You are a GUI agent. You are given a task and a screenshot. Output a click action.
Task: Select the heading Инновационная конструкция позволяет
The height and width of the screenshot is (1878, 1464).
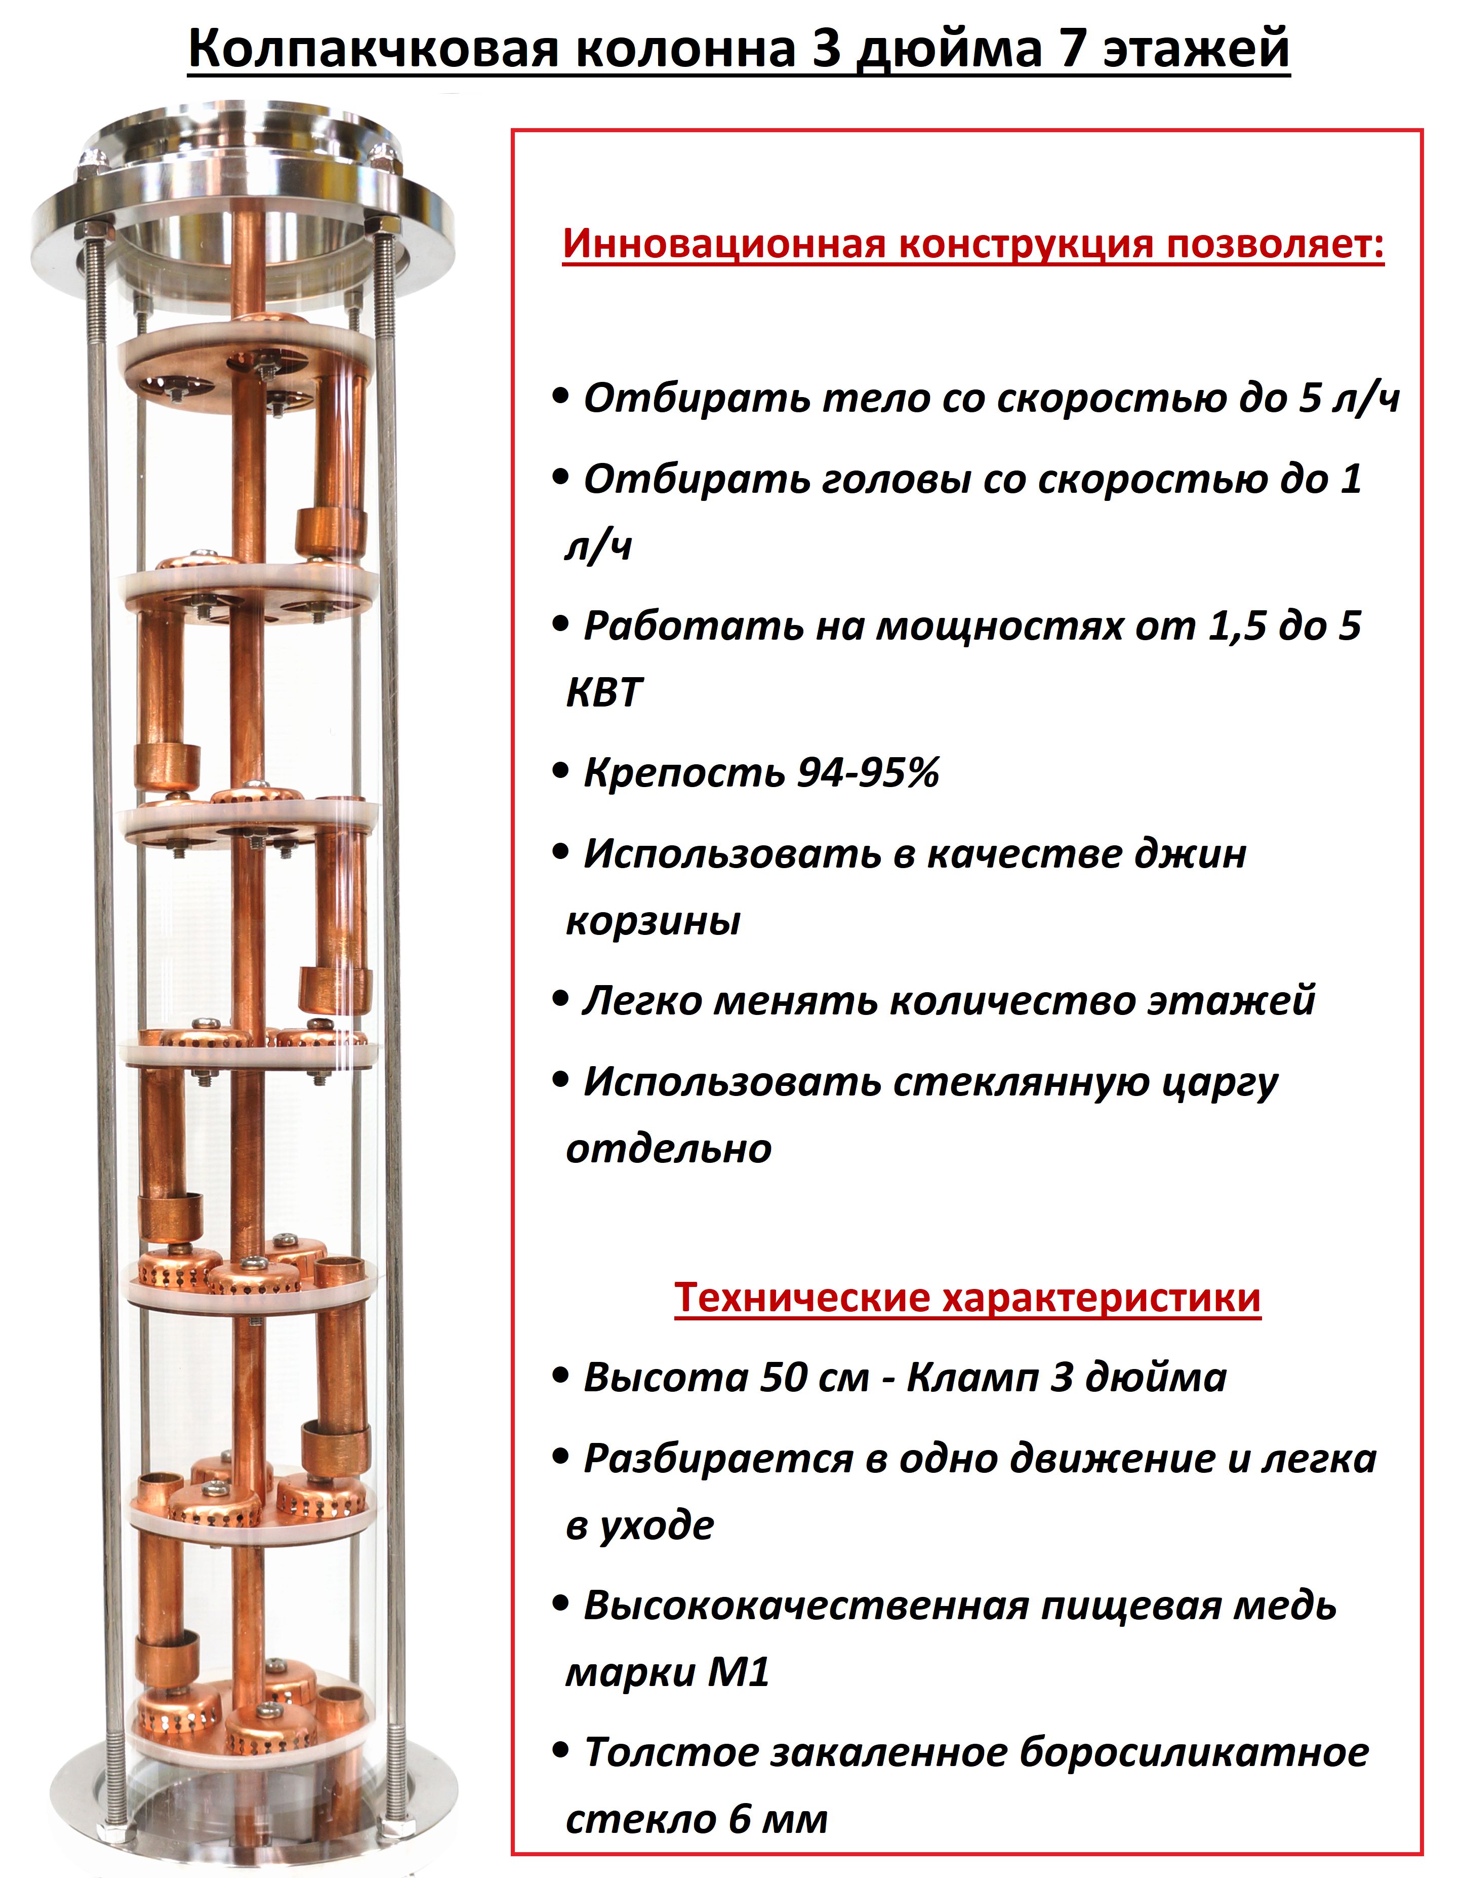(972, 244)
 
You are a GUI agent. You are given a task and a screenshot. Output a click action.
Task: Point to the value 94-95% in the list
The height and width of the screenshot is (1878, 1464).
(868, 773)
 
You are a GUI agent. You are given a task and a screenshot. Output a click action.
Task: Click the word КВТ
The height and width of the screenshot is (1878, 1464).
(604, 693)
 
